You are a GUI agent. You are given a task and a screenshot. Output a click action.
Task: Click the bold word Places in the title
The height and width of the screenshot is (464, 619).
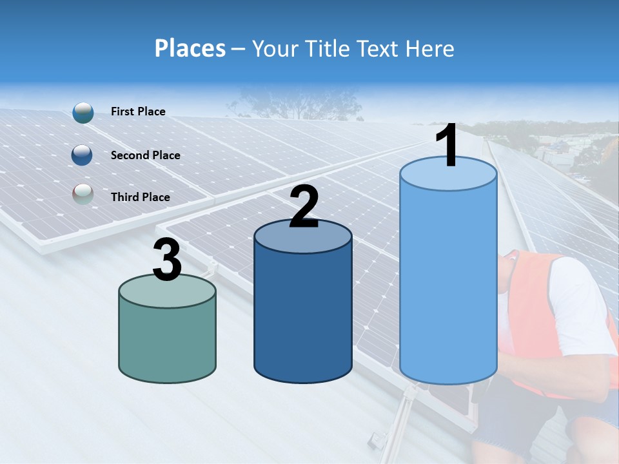click(190, 48)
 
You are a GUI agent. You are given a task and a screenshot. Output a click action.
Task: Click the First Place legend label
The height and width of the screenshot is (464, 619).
click(138, 111)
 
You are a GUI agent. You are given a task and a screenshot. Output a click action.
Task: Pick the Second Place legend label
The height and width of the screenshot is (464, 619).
click(145, 155)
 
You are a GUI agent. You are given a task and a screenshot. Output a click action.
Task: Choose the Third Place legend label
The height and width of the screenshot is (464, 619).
click(140, 197)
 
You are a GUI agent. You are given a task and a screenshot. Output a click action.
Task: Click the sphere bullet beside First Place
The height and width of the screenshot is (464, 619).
click(83, 112)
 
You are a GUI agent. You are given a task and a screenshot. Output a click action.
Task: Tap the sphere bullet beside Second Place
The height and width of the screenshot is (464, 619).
click(83, 155)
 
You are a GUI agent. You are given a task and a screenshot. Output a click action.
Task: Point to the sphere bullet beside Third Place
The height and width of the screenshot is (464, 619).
click(83, 195)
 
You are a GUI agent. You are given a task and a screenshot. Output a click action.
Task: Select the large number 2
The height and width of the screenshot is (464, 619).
click(304, 207)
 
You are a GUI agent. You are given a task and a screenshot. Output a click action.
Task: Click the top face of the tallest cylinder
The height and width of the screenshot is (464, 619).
click(448, 175)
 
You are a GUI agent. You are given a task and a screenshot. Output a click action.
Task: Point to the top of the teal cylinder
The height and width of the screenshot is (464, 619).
click(168, 291)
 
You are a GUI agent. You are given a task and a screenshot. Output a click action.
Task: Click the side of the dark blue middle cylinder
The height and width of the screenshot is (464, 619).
click(303, 316)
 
